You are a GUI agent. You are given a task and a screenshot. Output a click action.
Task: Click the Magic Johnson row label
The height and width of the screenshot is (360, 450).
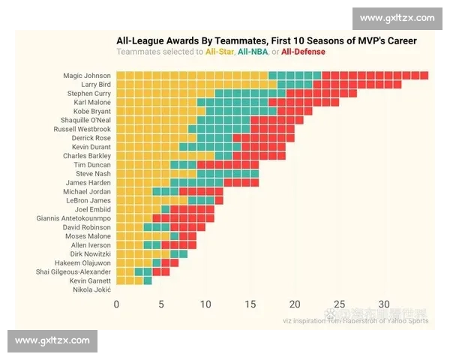click(x=88, y=76)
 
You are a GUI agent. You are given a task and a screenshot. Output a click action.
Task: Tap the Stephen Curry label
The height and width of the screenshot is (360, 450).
click(x=88, y=94)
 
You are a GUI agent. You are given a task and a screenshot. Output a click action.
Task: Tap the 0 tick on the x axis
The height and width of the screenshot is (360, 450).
click(x=116, y=304)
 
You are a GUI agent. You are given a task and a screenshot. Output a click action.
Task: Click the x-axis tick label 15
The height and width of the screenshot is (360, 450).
click(x=250, y=304)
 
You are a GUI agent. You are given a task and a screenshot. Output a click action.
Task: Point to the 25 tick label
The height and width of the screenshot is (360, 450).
click(x=340, y=304)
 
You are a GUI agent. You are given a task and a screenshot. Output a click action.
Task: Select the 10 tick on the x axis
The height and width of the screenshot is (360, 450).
click(x=205, y=304)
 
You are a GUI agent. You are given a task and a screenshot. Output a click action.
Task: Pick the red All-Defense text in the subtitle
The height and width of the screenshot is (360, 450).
click(x=304, y=52)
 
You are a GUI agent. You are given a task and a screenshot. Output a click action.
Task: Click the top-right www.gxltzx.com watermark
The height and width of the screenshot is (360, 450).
click(x=397, y=18)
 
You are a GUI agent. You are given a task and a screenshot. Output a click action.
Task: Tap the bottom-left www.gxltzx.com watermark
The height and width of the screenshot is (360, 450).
click(x=52, y=340)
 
